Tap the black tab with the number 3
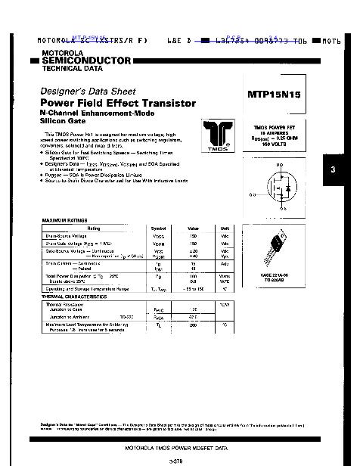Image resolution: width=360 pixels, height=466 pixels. click(x=333, y=169)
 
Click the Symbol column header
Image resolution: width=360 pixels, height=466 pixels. click(x=158, y=228)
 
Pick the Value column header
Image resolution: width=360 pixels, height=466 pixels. click(x=193, y=228)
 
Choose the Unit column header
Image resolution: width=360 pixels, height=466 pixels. click(x=225, y=228)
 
